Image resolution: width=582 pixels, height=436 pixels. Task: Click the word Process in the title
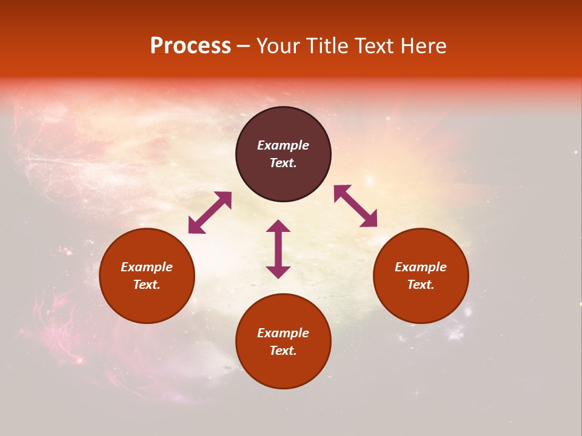(190, 46)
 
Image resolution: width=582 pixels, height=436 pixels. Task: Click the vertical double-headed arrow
(278, 249)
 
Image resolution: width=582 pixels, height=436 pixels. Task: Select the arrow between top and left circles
(210, 213)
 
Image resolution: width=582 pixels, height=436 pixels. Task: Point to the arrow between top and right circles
(355, 206)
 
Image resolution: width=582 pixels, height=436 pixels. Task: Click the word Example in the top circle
(283, 145)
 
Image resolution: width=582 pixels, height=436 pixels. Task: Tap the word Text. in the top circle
(283, 163)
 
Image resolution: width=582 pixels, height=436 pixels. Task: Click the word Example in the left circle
(147, 267)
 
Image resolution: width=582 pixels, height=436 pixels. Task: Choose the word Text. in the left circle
(147, 285)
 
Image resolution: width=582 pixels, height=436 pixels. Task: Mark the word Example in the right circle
(421, 267)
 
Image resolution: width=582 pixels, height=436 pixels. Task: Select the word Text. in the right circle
(421, 285)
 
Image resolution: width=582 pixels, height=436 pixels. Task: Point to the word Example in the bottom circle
(283, 333)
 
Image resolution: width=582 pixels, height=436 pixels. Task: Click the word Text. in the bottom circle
(283, 351)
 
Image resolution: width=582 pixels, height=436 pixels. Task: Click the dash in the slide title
(244, 47)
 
